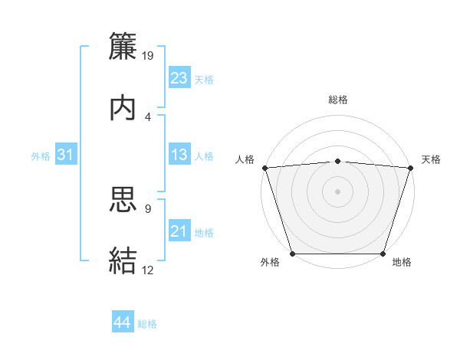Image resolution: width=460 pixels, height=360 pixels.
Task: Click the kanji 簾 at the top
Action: [123, 46]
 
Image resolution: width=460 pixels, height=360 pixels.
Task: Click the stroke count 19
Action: [148, 55]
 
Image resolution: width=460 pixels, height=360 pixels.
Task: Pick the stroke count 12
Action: [148, 270]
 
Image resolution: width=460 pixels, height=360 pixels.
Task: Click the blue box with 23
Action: [179, 78]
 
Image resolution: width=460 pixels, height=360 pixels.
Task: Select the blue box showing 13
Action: [179, 155]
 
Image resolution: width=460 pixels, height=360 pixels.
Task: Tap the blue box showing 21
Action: [179, 232]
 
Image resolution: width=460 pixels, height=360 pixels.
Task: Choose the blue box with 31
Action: [65, 155]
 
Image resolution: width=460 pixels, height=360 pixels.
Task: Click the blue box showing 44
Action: [123, 322]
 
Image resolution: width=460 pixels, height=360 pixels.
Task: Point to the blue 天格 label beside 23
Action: [204, 79]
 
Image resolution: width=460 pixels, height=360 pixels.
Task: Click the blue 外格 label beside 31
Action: [41, 156]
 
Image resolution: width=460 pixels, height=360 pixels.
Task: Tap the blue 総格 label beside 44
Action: [147, 324]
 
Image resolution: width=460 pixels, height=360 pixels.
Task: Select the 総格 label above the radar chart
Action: [338, 100]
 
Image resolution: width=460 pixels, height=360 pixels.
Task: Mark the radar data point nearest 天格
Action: [411, 167]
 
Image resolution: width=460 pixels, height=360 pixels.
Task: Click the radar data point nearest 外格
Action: [292, 254]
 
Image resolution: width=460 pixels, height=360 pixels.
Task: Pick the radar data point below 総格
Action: [338, 161]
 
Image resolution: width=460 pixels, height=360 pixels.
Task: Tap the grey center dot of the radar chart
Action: [338, 191]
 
